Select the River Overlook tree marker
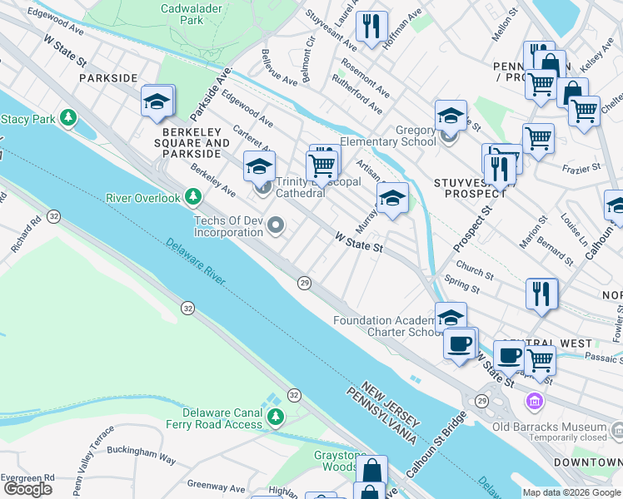[193, 197]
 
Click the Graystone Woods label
[340, 462]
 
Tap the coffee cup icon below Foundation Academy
[459, 343]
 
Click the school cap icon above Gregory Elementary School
[451, 115]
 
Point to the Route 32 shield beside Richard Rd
[54, 215]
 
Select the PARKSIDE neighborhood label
[107, 77]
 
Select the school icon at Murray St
[392, 198]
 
